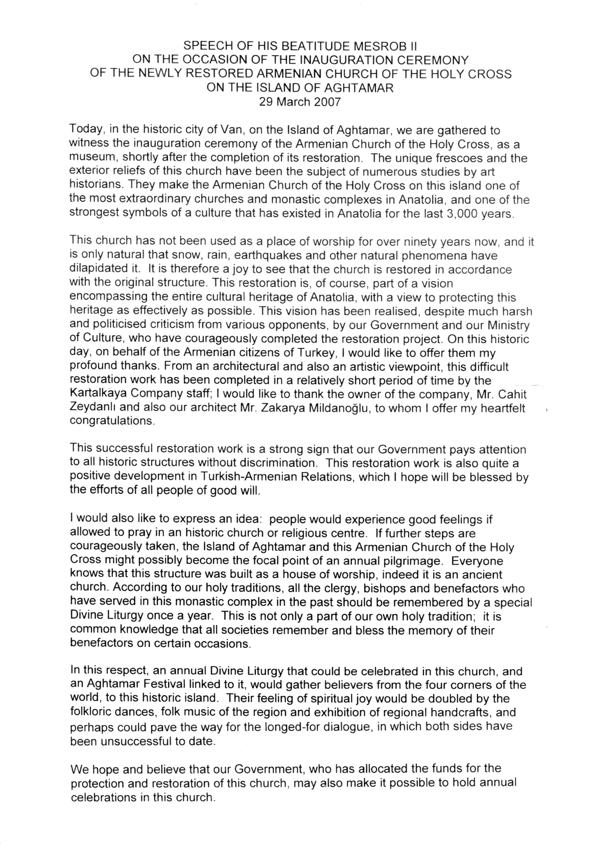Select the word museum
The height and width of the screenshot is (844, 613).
pyautogui.click(x=88, y=158)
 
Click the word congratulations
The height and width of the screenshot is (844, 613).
pyautogui.click(x=111, y=423)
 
